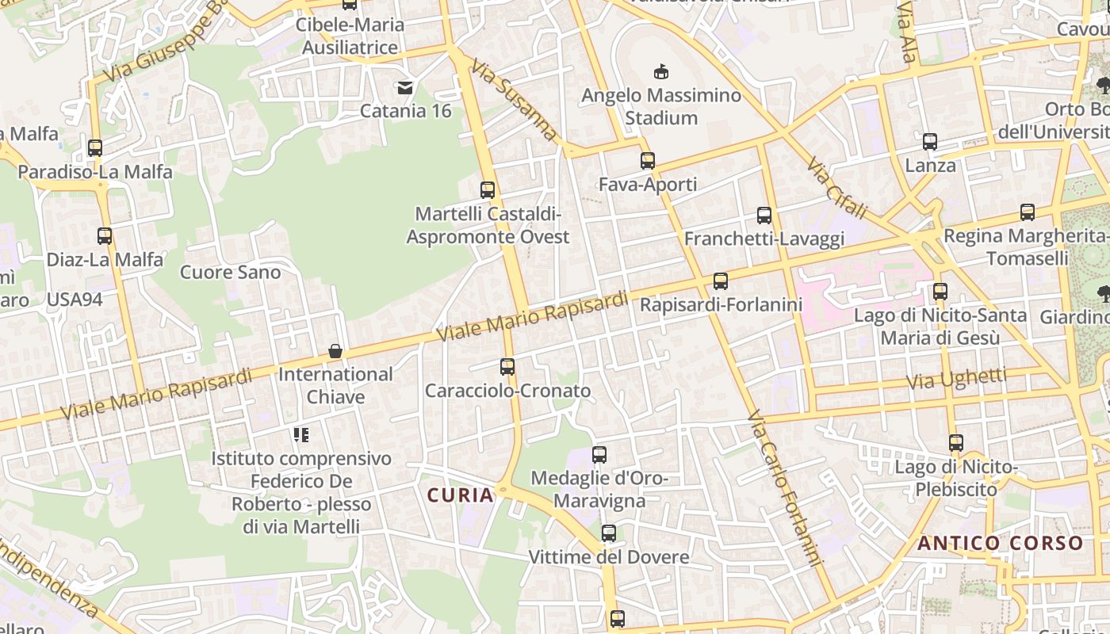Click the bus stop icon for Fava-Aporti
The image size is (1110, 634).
pyautogui.click(x=648, y=161)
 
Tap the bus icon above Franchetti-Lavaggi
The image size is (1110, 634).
pyautogui.click(x=764, y=215)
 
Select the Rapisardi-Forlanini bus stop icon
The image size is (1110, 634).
pyautogui.click(x=721, y=281)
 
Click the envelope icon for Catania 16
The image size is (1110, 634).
pyautogui.click(x=405, y=87)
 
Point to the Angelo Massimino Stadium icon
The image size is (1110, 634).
pyautogui.click(x=660, y=72)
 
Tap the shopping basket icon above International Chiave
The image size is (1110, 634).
pyautogui.click(x=335, y=350)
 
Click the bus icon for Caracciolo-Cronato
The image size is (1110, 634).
pyautogui.click(x=507, y=367)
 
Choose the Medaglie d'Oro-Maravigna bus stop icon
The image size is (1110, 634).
pyautogui.click(x=599, y=455)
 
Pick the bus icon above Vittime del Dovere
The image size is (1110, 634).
pyautogui.click(x=609, y=533)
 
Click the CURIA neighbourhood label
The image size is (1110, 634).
pyautogui.click(x=461, y=495)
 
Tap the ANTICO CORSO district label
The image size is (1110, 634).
pyautogui.click(x=1001, y=544)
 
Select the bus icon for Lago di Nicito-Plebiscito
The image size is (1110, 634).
pyautogui.click(x=956, y=443)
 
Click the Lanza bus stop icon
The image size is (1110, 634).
pyautogui.click(x=930, y=142)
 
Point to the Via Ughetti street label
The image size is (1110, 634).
pyautogui.click(x=956, y=379)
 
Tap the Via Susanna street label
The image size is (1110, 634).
pyautogui.click(x=515, y=100)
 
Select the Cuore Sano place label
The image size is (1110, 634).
pyautogui.click(x=230, y=273)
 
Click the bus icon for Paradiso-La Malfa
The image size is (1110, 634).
pyautogui.click(x=95, y=147)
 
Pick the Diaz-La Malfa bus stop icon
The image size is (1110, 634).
pyautogui.click(x=105, y=235)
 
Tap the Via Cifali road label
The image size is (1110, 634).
pyautogui.click(x=837, y=187)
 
